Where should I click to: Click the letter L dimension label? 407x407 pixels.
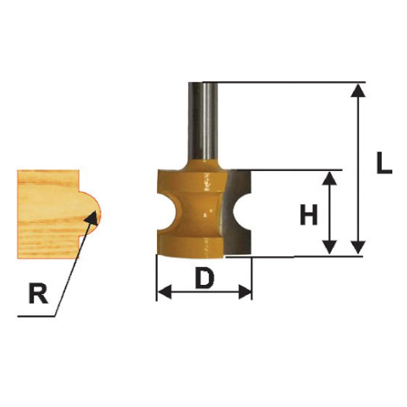(384, 163)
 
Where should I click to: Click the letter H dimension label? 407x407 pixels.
(309, 214)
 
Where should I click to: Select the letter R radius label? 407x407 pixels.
(38, 294)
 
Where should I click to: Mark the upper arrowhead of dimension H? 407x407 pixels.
(330, 178)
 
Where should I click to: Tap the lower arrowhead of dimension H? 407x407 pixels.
(330, 247)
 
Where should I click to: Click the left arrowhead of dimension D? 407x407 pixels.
(164, 292)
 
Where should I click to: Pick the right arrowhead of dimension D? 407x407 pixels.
(245, 292)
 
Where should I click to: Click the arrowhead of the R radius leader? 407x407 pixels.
(92, 218)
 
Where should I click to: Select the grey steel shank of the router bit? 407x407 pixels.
(203, 122)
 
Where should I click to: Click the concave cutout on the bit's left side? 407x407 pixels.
(166, 212)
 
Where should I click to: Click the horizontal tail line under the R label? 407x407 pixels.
(37, 317)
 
